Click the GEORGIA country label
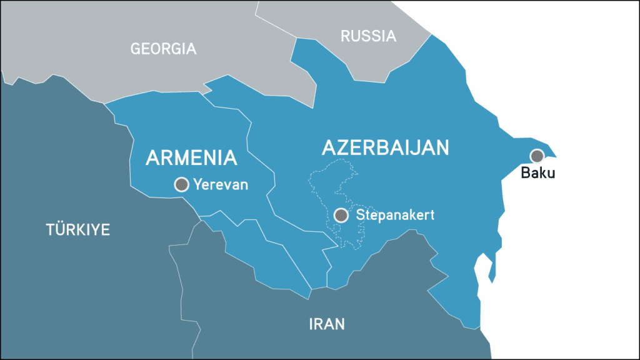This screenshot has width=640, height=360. point(163,49)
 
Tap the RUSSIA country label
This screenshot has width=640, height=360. point(368,36)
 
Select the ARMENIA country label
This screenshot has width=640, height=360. point(191,157)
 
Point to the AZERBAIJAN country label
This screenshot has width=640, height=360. point(386,147)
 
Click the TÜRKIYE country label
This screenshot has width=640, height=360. point(78,229)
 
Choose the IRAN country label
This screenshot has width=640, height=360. point(327,324)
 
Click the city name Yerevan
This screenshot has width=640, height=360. point(221,184)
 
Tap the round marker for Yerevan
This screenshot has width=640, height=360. point(181,184)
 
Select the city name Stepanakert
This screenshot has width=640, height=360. point(395,215)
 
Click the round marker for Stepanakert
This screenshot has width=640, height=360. point(341,215)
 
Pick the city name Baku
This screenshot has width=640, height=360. point(537,173)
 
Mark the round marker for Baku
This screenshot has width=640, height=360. point(536,156)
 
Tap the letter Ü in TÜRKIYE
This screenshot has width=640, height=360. point(59,229)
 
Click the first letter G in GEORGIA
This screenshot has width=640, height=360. point(136,49)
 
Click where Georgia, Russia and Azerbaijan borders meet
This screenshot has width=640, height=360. point(297,39)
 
